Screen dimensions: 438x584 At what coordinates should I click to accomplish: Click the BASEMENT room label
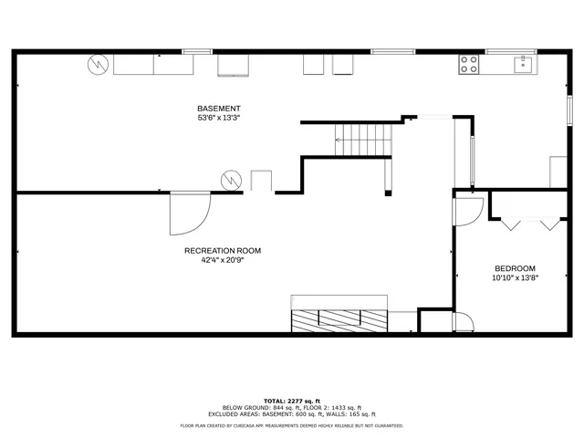(219, 109)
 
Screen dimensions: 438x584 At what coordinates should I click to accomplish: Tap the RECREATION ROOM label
(223, 250)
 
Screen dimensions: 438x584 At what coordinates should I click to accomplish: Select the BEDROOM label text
(515, 268)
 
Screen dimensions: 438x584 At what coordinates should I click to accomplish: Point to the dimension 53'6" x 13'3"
(219, 118)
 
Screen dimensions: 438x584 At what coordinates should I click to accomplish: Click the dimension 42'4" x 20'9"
(223, 259)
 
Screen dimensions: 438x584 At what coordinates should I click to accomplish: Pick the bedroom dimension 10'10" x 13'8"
(515, 277)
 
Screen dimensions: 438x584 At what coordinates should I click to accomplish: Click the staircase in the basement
(364, 139)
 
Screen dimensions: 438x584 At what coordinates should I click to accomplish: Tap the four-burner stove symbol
(468, 64)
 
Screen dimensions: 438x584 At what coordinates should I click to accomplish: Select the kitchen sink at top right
(523, 64)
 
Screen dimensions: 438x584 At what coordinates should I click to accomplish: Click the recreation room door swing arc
(192, 212)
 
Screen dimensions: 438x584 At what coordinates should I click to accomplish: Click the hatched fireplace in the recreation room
(339, 321)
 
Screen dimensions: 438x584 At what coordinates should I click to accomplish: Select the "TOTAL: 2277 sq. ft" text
(292, 401)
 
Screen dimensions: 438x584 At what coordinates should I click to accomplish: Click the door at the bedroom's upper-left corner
(464, 210)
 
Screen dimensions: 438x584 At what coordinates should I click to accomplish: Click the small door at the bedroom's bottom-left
(464, 320)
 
